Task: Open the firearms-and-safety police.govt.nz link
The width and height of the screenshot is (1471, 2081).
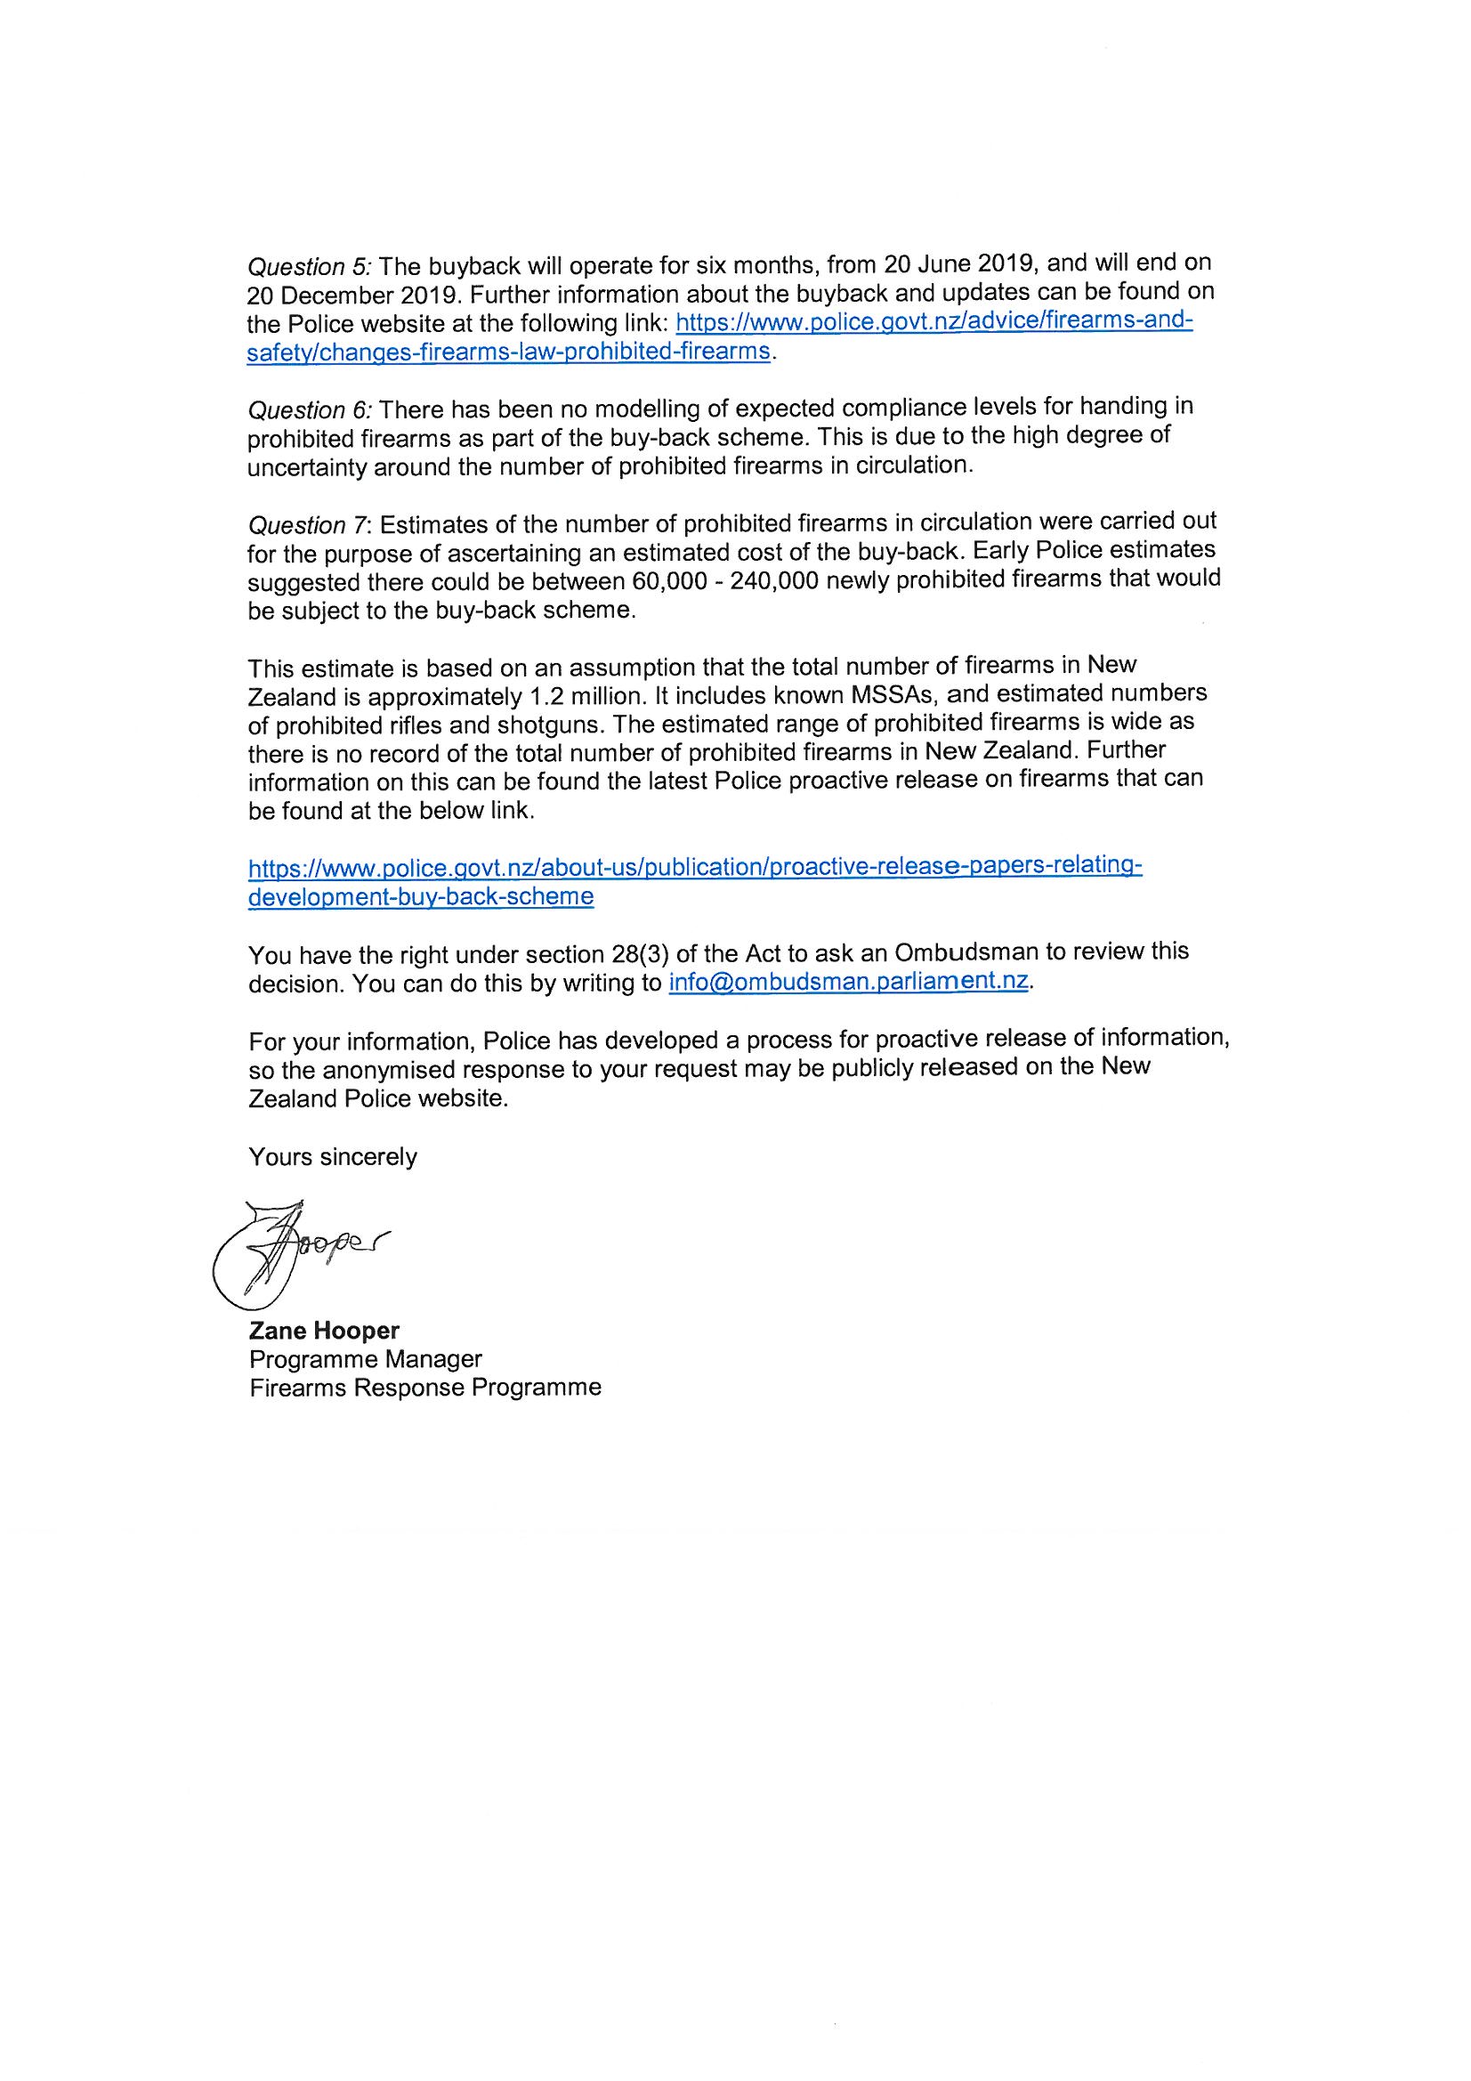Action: (934, 323)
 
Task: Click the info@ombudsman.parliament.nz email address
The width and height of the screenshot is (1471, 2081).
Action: (848, 984)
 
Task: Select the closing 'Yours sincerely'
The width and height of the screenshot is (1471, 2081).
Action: (333, 1157)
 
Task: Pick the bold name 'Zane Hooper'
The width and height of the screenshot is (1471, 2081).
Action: (324, 1331)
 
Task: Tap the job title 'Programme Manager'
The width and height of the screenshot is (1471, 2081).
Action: (365, 1359)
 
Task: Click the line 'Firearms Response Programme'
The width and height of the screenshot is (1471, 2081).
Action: (425, 1388)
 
